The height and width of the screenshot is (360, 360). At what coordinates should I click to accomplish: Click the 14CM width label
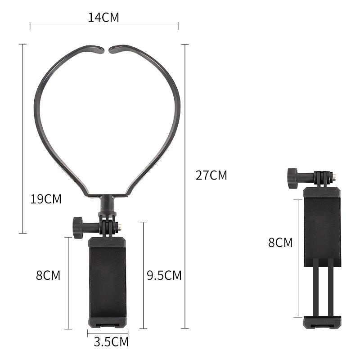pyautogui.click(x=103, y=18)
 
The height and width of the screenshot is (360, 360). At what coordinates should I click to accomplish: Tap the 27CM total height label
pyautogui.click(x=211, y=175)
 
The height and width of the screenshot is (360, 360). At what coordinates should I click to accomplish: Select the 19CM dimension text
pyautogui.click(x=46, y=199)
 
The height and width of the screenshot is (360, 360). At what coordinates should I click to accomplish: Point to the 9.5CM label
pyautogui.click(x=164, y=275)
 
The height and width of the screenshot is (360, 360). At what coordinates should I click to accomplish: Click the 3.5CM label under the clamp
pyautogui.click(x=111, y=342)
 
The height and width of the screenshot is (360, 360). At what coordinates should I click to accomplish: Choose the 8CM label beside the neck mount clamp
pyautogui.click(x=48, y=275)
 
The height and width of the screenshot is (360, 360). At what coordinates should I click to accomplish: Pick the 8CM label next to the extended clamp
pyautogui.click(x=280, y=243)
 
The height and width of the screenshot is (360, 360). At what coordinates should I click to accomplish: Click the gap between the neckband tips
pyautogui.click(x=107, y=49)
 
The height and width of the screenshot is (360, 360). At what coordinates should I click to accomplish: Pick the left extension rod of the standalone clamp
pyautogui.click(x=316, y=288)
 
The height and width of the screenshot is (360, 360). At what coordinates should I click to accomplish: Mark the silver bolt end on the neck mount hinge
pyautogui.click(x=119, y=228)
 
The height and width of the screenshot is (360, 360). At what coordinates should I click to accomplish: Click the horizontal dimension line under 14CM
pyautogui.click(x=103, y=26)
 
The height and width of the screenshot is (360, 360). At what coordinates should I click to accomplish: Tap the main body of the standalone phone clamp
pyautogui.click(x=322, y=225)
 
